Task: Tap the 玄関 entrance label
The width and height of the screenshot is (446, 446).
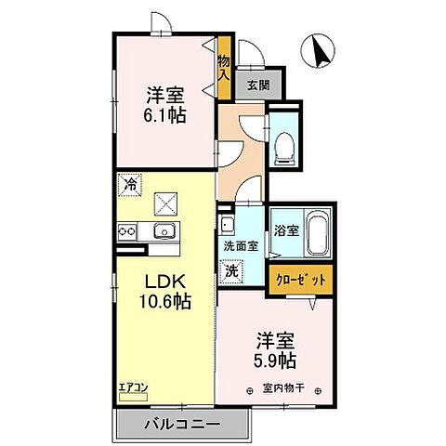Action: click(257, 85)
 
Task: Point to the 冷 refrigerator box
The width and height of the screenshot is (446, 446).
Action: click(131, 184)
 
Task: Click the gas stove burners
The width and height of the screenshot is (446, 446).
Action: click(127, 232)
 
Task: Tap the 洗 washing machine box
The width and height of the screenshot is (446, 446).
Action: click(229, 271)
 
